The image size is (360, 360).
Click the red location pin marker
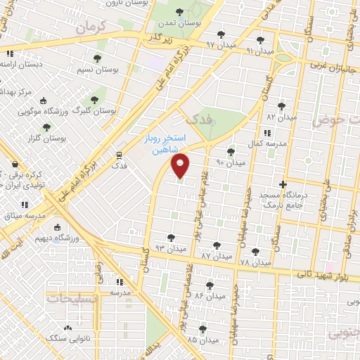point(181,165)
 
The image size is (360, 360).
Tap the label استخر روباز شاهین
point(166,141)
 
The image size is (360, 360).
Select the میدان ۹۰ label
point(231,162)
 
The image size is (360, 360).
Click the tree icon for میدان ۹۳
point(172,238)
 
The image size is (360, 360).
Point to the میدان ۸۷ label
point(216,256)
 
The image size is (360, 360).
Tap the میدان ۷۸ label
point(255,262)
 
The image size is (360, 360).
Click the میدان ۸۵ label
point(202,340)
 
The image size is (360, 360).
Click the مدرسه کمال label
point(266,143)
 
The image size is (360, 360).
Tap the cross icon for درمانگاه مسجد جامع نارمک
point(283,184)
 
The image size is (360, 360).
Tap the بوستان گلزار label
point(48,138)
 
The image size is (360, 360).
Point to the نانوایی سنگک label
point(65,338)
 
